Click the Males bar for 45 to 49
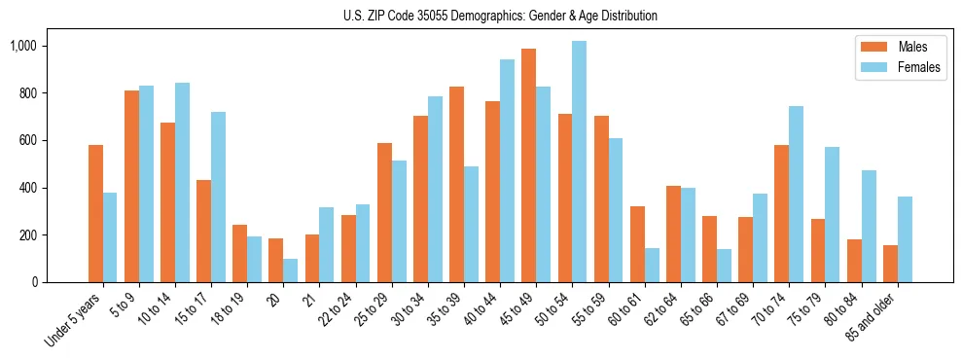[529, 165]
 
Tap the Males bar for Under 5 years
[95, 214]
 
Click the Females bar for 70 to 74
[797, 195]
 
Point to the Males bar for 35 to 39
[456, 185]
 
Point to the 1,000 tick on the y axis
[50, 46]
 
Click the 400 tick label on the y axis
[53, 188]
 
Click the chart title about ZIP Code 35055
[500, 16]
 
